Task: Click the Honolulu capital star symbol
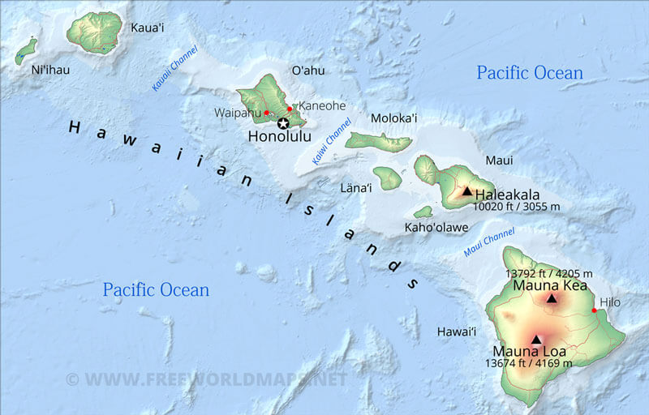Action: [283, 123]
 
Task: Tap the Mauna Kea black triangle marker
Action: [552, 298]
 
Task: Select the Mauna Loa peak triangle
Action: [536, 340]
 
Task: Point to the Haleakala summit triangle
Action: [466, 191]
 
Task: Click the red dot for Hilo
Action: [594, 310]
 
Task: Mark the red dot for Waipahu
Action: [266, 113]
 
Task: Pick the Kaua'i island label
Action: [148, 28]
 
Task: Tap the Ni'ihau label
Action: [50, 70]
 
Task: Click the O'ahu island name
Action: [307, 71]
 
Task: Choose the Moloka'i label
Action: [393, 118]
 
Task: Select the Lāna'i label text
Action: [356, 188]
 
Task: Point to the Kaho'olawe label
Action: [436, 228]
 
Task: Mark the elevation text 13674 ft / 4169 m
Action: [529, 363]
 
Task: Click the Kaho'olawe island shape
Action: [423, 212]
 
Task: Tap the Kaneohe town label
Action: [323, 106]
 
